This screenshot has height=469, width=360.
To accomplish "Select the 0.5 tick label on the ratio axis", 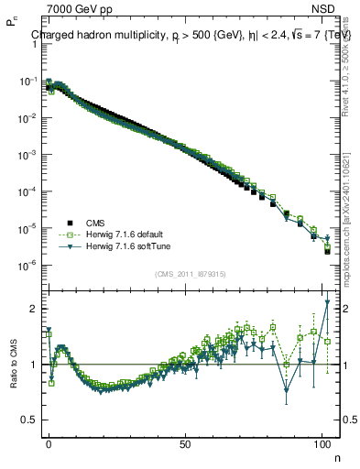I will point(27,420).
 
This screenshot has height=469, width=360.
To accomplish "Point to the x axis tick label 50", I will point(185,443).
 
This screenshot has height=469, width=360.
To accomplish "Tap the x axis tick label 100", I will point(321,443).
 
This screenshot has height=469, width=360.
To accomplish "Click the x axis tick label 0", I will point(49,443).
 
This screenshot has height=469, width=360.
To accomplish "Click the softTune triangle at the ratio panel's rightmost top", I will point(327,302).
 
